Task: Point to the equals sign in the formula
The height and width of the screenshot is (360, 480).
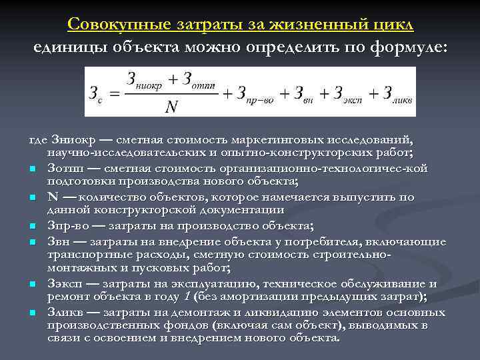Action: (114, 93)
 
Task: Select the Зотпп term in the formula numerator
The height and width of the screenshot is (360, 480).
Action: (197, 81)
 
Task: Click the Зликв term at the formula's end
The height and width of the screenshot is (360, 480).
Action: (393, 93)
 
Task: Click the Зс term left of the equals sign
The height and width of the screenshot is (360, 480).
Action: (95, 93)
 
